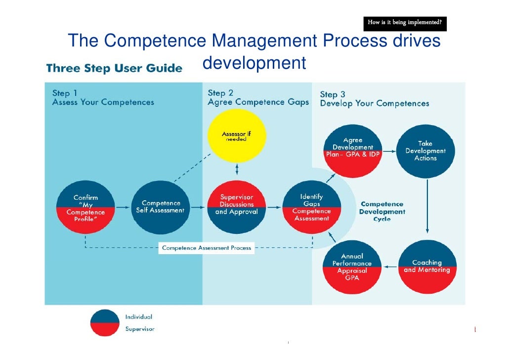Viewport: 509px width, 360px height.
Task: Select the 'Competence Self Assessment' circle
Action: (160, 207)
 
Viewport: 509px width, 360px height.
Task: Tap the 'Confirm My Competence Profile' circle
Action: (85, 208)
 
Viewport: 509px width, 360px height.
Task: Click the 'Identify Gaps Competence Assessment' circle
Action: (311, 207)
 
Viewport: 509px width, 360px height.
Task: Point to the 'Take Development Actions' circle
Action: (425, 150)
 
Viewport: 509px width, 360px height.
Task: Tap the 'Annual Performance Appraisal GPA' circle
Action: (352, 267)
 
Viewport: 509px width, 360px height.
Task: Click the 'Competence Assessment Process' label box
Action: (207, 248)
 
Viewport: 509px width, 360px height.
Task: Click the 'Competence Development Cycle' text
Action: (382, 211)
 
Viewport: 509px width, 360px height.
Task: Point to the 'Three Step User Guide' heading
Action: (114, 68)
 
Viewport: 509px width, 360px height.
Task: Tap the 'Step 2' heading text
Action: (220, 93)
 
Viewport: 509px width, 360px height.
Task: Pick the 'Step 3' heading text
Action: (333, 94)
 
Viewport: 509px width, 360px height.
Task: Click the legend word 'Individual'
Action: (138, 316)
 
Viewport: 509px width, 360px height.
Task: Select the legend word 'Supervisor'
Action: (139, 329)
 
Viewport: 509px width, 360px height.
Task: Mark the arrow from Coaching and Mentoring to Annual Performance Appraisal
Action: (390, 267)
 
